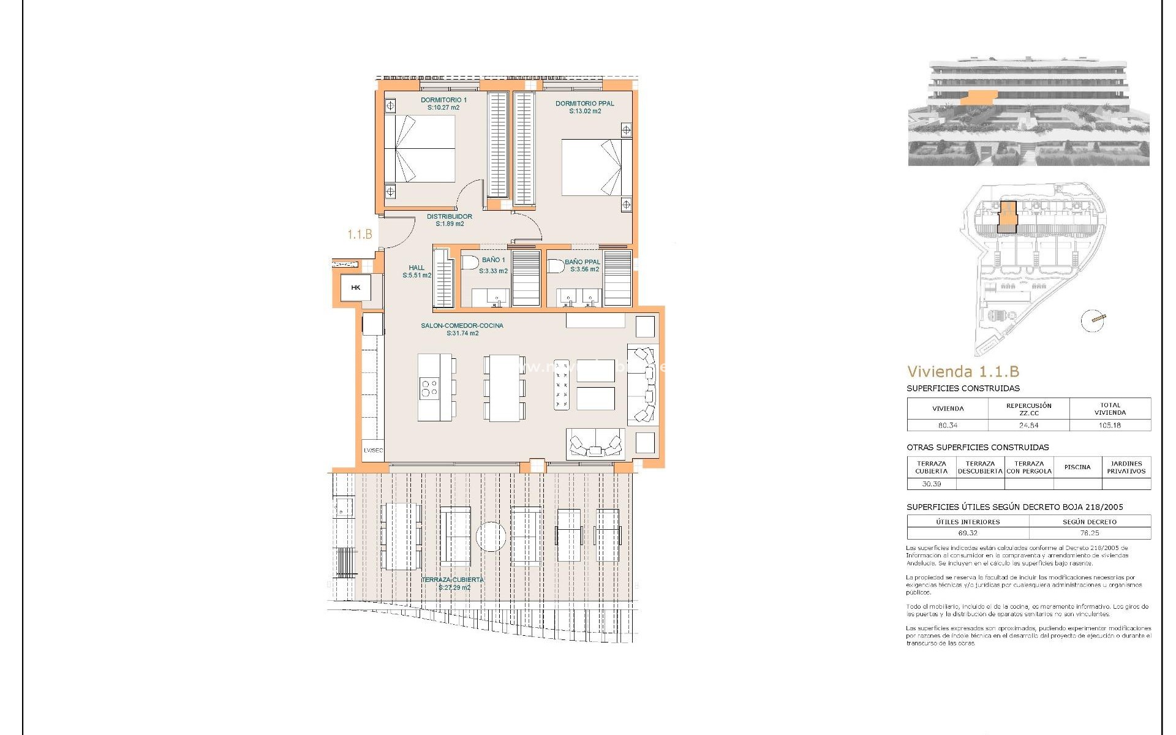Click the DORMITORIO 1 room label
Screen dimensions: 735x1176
point(443,100)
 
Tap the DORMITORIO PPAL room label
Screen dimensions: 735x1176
point(584,104)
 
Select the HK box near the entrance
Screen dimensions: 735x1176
point(356,287)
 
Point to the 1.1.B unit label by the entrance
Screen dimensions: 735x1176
point(360,235)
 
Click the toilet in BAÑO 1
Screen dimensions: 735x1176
point(470,263)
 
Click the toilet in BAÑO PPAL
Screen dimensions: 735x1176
point(556,266)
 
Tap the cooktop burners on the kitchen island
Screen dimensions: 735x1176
point(429,388)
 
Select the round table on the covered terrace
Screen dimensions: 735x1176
point(491,537)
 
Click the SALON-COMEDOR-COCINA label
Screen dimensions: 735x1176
point(462,326)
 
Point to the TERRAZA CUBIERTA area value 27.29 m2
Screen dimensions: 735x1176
point(454,588)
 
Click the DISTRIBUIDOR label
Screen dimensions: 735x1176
point(449,216)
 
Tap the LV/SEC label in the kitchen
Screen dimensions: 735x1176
point(373,451)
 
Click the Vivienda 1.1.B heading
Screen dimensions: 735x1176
point(963,372)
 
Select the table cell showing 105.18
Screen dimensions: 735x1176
point(1109,425)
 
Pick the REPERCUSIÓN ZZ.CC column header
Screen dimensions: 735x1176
point(1028,409)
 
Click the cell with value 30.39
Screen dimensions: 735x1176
point(931,484)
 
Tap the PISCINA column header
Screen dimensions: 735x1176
point(1077,467)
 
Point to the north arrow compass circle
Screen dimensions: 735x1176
point(1092,321)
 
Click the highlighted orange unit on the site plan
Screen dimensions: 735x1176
point(1007,217)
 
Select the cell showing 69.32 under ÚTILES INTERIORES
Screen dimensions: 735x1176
point(968,533)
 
